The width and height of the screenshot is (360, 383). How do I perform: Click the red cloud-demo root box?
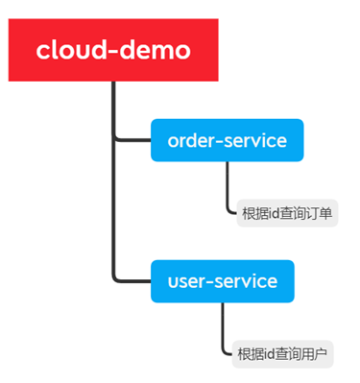click(112, 49)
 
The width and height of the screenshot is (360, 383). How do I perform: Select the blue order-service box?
click(227, 141)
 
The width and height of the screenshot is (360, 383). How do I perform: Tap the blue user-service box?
click(222, 281)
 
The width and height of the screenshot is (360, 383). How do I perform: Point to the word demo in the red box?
click(152, 49)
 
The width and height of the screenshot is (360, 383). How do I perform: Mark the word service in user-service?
click(246, 281)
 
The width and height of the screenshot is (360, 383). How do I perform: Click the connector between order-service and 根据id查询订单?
click(228, 187)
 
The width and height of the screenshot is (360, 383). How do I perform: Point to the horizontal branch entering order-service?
click(132, 141)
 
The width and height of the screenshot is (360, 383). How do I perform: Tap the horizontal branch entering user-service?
click(132, 281)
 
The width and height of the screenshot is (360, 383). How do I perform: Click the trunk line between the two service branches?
click(114, 211)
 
